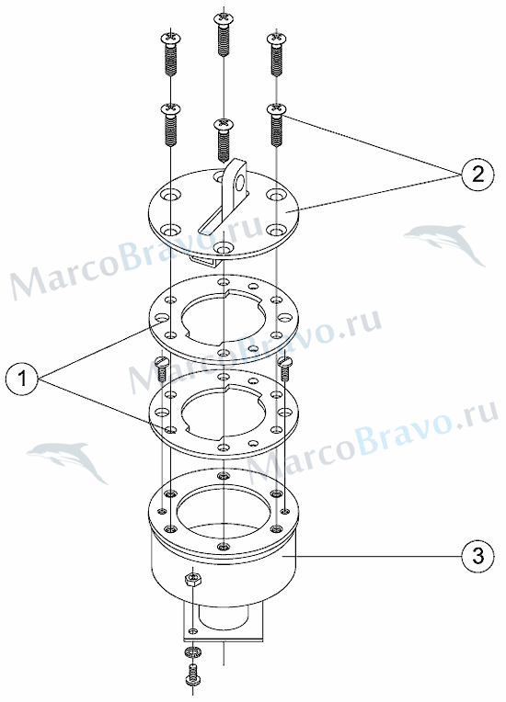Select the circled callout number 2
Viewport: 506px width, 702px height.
(478, 174)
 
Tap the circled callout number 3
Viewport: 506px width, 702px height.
(478, 556)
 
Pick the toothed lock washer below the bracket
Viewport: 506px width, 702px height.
(192, 651)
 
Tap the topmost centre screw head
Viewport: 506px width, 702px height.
(224, 18)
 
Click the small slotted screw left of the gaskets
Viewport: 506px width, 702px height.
(161, 369)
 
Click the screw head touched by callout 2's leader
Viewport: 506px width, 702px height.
(277, 109)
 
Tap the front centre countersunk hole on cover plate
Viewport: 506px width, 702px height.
(224, 247)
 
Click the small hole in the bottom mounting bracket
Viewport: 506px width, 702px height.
(192, 631)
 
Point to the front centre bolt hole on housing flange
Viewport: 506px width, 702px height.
(224, 546)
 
